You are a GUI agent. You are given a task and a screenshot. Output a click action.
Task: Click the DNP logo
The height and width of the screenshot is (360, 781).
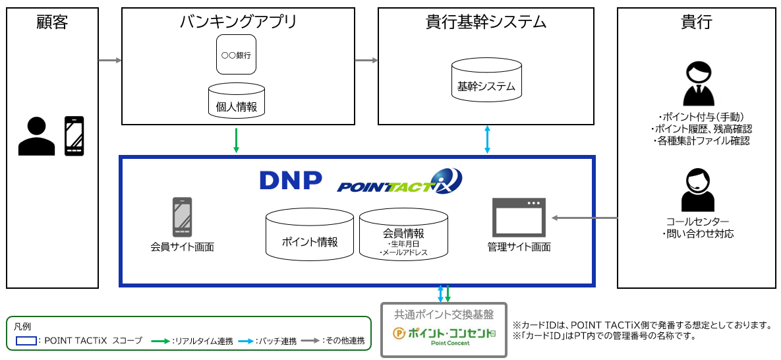tap(291, 180)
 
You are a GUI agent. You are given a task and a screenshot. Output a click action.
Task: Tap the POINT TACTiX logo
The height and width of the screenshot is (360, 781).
tap(399, 181)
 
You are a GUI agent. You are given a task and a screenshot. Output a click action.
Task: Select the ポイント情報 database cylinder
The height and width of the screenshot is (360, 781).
tap(309, 235)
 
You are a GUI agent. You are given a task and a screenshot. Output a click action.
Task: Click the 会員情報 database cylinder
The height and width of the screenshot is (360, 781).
tap(403, 235)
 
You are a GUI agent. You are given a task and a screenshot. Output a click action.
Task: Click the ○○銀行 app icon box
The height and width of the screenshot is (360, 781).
tap(236, 55)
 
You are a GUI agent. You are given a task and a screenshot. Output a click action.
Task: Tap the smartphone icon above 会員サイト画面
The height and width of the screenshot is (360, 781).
tap(182, 217)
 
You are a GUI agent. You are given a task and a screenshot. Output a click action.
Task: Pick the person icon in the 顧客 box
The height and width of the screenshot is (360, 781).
tap(36, 136)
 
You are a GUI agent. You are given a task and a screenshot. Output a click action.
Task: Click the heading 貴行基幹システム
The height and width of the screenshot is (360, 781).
tap(486, 22)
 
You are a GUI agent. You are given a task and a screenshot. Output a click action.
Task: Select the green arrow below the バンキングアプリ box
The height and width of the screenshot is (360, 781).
tap(236, 140)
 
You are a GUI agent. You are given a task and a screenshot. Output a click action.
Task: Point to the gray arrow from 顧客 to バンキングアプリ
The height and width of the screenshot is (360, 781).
tap(110, 61)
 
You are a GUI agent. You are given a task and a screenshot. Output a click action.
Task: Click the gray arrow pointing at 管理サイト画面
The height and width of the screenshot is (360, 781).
tap(584, 218)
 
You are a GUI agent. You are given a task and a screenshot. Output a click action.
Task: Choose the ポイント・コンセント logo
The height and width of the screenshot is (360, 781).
tap(444, 334)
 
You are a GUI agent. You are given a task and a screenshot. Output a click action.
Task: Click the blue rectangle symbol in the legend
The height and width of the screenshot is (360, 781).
tap(26, 341)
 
